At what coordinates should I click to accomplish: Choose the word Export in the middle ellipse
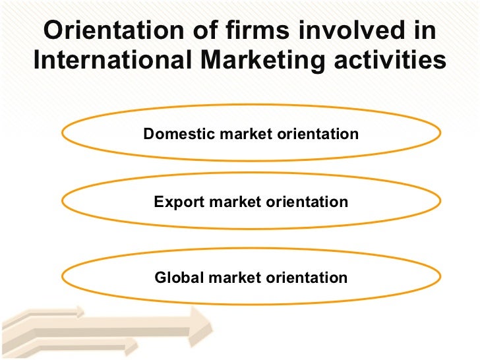pyautogui.click(x=178, y=202)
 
